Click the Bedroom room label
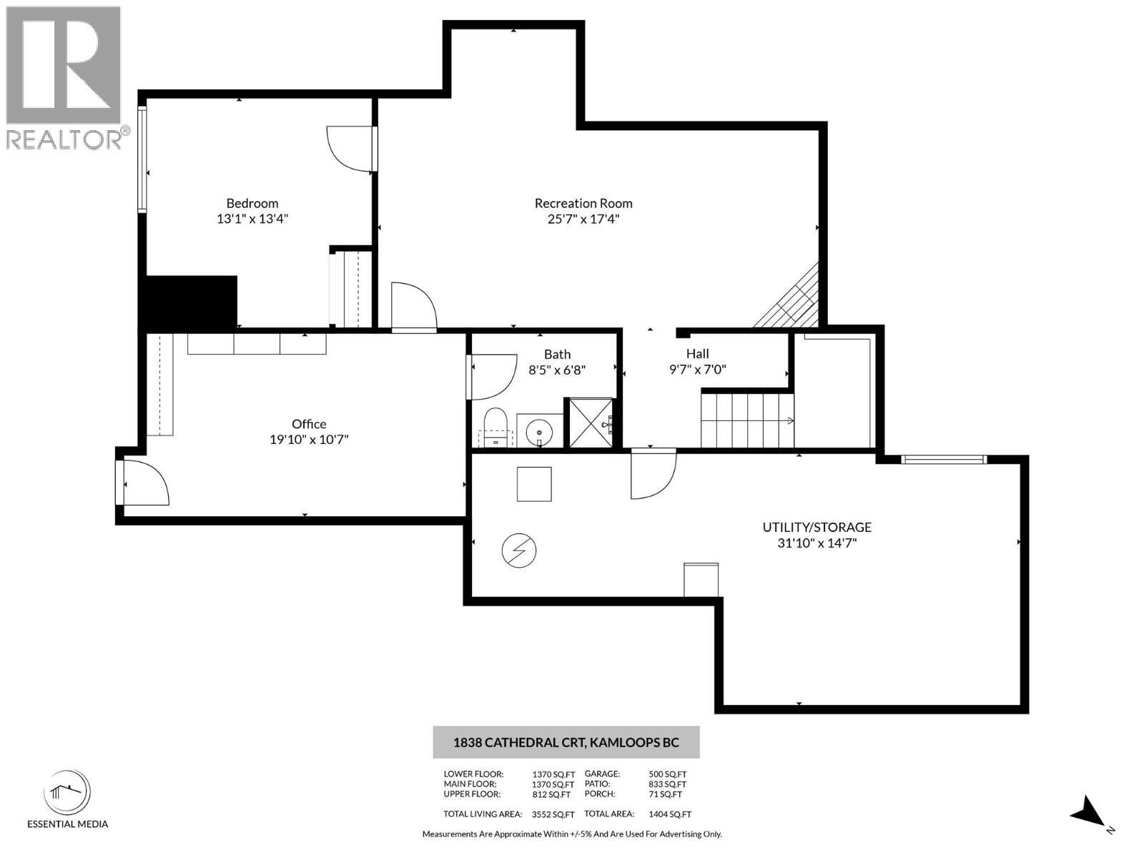pos(252,203)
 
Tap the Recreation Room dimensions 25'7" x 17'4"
pos(583,219)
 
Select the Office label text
pos(309,424)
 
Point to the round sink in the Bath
pos(538,432)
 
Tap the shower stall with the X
pos(591,423)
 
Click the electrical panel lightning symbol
pos(519,551)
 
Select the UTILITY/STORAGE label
pos(817,527)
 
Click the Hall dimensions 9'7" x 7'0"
pos(697,370)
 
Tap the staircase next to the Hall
pos(746,421)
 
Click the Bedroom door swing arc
pos(349,149)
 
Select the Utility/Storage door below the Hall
pos(652,473)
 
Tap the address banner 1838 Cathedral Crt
pos(566,742)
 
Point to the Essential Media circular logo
pos(67,793)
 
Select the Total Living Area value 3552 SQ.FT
pos(553,814)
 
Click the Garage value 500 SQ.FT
pos(667,774)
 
